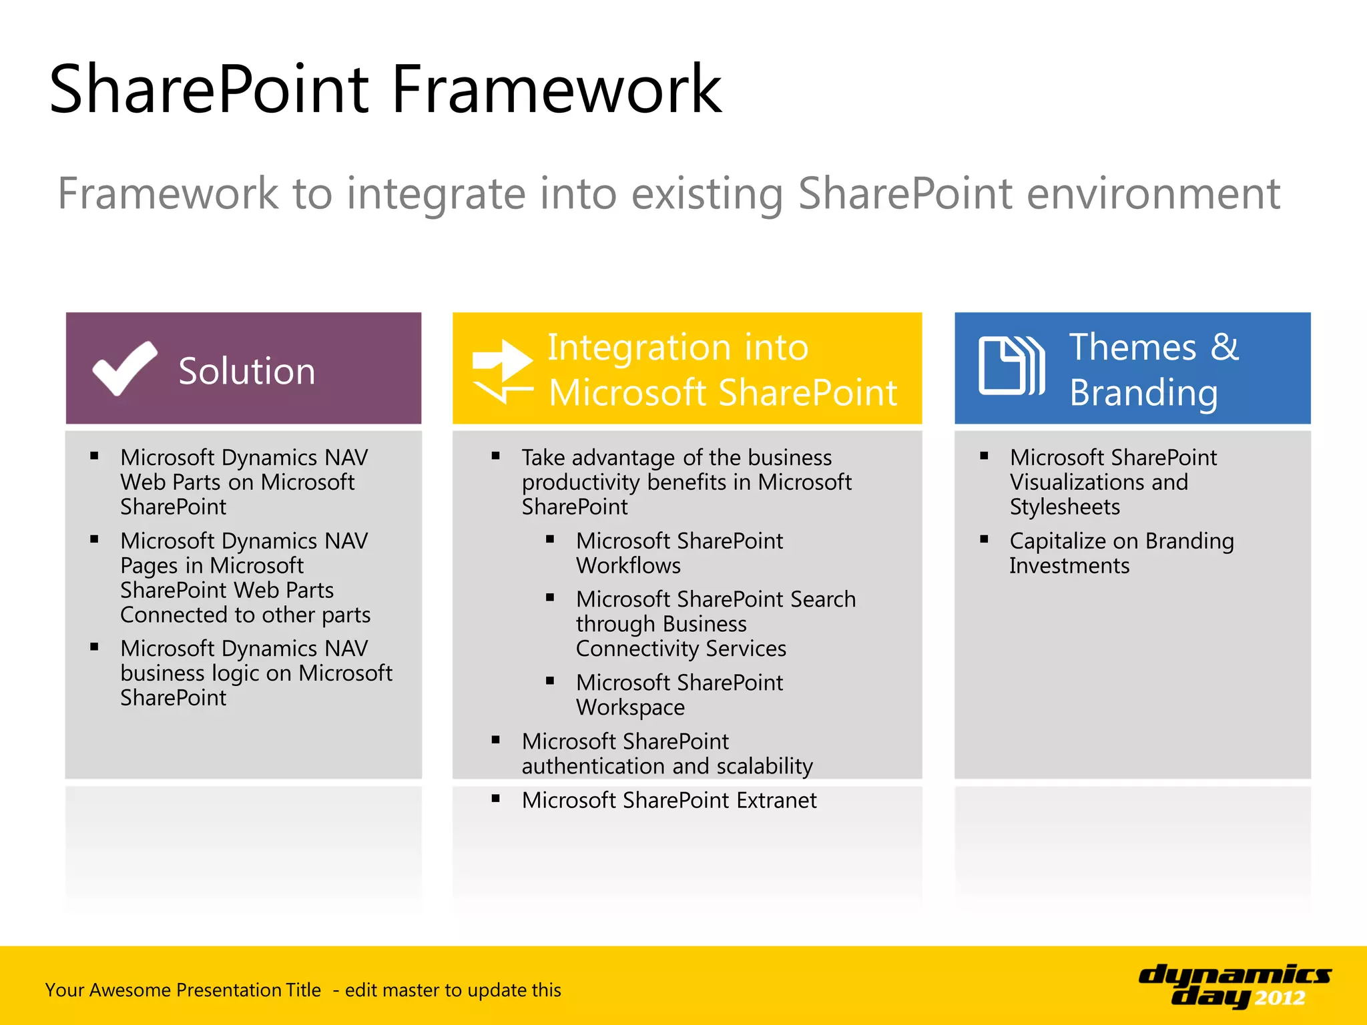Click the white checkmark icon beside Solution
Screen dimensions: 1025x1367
tap(124, 368)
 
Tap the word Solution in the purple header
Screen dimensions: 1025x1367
tap(246, 371)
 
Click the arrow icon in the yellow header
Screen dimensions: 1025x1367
tap(502, 371)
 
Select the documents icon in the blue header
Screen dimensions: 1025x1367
tap(1011, 366)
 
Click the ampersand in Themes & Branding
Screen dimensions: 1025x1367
tap(1224, 347)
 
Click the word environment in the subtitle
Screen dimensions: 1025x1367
tap(1153, 194)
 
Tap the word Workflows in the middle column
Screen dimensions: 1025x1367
tap(628, 566)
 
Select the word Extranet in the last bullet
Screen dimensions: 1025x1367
tap(776, 800)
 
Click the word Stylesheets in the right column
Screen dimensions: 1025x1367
tap(1064, 507)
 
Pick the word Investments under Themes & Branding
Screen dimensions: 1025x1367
tap(1069, 566)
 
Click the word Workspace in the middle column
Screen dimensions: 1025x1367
tap(630, 707)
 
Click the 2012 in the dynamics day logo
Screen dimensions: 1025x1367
tap(1279, 998)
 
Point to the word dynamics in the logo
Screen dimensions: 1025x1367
tap(1234, 975)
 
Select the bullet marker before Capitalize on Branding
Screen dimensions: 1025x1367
tap(984, 539)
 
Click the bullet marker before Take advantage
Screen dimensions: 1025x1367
tap(495, 456)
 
